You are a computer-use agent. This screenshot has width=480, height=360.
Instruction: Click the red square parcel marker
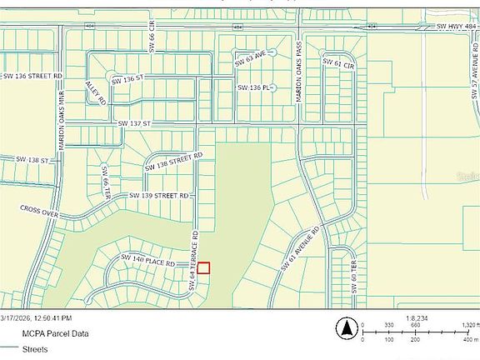point(203,267)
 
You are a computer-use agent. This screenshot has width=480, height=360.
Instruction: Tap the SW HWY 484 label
point(454,27)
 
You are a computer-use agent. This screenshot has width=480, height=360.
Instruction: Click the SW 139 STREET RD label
point(160,196)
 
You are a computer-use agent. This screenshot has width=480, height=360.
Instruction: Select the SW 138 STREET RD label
point(173,161)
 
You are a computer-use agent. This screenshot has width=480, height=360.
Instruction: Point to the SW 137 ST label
point(133,123)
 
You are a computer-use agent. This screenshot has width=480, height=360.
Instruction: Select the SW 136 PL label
point(254,87)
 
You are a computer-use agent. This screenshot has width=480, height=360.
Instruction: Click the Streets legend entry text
point(36,349)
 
